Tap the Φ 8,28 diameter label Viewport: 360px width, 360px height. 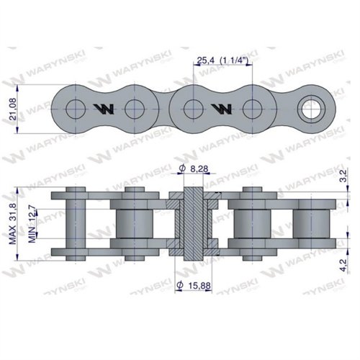pos(191,169)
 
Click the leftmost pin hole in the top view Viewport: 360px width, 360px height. pos(73,109)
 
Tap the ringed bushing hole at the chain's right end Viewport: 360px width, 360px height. pos(312,109)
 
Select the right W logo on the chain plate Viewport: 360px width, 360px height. pos(221,109)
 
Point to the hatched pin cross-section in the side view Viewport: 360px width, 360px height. pos(192,223)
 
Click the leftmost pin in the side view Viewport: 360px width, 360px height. pos(73,223)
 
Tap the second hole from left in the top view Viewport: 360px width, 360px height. pos(132,109)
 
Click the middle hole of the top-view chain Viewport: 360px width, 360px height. pos(192,109)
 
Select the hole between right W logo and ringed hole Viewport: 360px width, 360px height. pos(251,109)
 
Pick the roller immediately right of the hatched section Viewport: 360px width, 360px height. pos(251,223)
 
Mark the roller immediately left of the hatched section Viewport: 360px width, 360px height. pos(132,223)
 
